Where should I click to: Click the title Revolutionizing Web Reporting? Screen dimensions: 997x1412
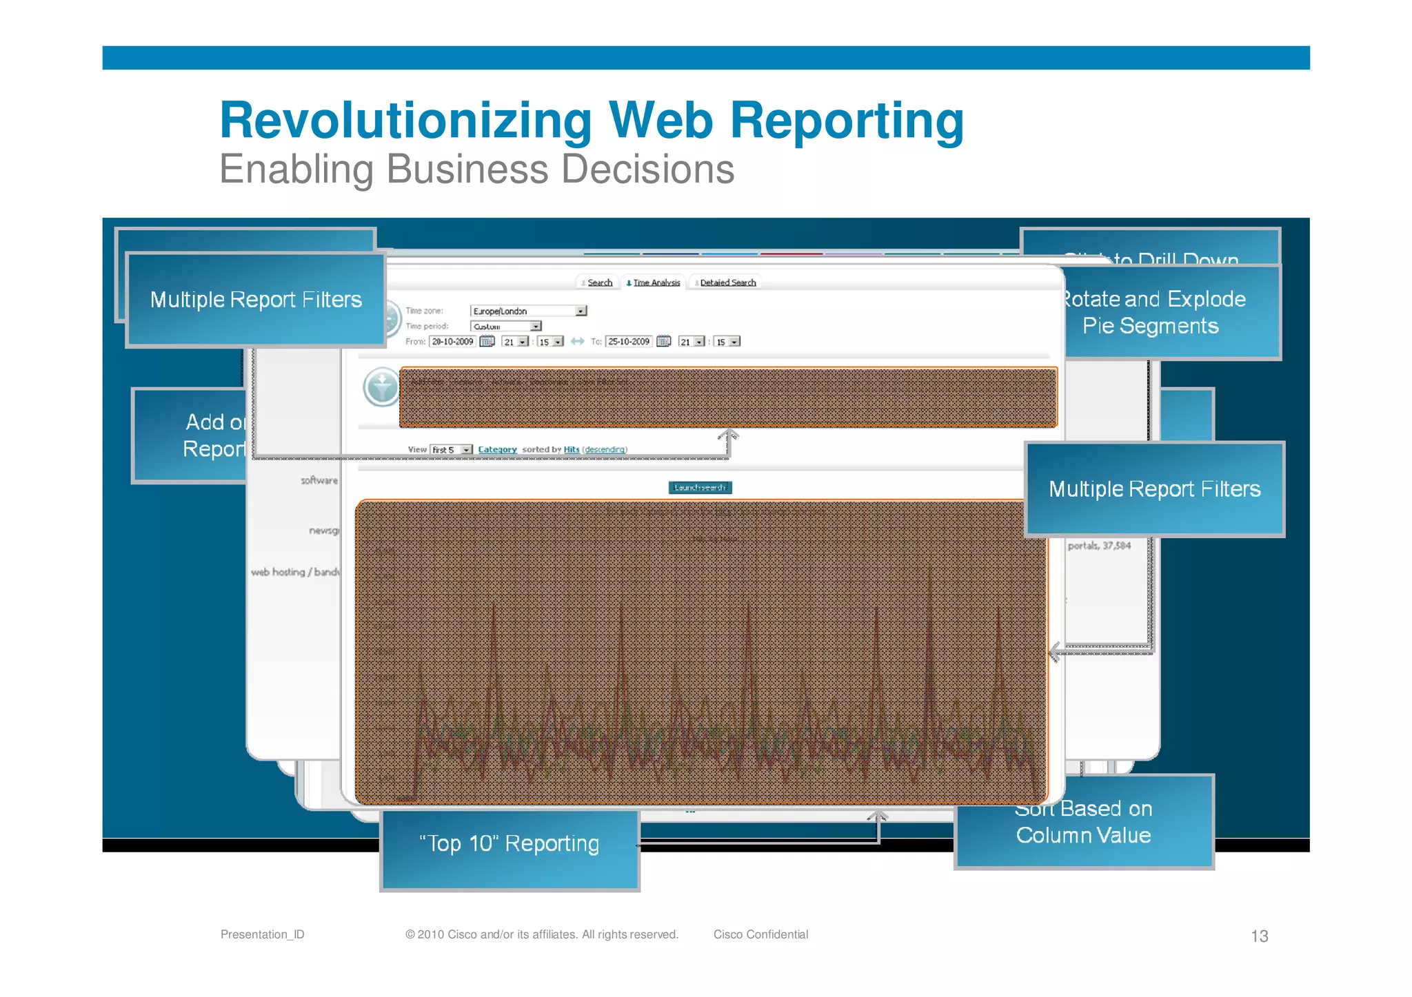click(592, 121)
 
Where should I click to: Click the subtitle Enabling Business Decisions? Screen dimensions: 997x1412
click(476, 169)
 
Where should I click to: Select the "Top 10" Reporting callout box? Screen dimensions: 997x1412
click(510, 849)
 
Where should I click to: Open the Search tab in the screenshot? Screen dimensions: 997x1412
click(598, 282)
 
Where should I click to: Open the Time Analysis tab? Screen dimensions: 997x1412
click(655, 282)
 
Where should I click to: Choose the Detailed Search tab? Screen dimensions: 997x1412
click(727, 282)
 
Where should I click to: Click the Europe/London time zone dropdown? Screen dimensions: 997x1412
click(528, 311)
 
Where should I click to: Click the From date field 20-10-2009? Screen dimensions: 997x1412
click(452, 342)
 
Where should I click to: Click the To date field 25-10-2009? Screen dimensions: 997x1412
click(628, 342)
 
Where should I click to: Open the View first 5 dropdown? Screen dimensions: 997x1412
click(452, 450)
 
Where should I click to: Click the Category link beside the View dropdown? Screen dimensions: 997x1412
click(497, 450)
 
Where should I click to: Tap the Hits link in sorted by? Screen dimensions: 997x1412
click(572, 450)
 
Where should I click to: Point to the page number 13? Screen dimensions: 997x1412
click(1259, 936)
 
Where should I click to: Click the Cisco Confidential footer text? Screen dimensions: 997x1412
click(760, 934)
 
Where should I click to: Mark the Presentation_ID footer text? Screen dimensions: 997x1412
click(262, 934)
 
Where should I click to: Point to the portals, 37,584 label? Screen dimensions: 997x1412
click(1099, 546)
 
